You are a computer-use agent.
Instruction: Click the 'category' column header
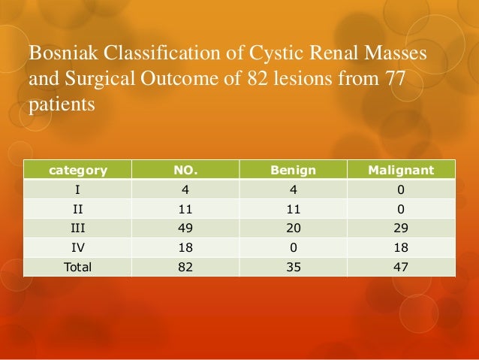[77, 170]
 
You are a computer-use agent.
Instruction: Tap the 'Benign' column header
[294, 170]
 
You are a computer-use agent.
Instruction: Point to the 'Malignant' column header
[402, 170]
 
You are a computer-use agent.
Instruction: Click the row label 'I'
[77, 189]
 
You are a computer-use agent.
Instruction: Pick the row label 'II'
[77, 207]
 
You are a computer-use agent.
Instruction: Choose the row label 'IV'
[77, 246]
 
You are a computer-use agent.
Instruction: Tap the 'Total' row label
[77, 265]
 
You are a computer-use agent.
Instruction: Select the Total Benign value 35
[294, 265]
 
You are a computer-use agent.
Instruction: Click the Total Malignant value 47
[402, 265]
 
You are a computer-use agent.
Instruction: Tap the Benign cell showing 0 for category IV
[294, 246]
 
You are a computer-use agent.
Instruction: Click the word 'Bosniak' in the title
[58, 55]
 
